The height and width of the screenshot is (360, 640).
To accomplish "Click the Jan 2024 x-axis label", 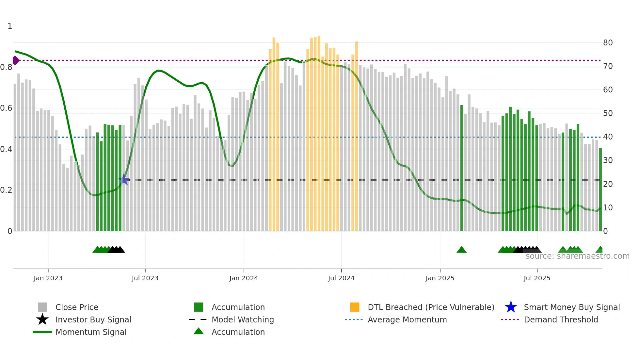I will [244, 278].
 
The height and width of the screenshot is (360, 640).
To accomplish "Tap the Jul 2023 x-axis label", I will [145, 278].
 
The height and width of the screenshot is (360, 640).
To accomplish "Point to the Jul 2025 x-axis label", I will [537, 278].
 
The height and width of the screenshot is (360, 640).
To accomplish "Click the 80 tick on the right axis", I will [608, 43].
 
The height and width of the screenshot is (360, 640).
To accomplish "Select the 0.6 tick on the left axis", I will [7, 108].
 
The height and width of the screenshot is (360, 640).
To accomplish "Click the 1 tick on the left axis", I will [10, 26].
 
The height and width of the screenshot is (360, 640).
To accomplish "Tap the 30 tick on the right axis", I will [608, 160].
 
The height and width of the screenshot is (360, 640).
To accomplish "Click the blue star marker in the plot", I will [124, 179].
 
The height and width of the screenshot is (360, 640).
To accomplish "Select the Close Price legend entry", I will [77, 307].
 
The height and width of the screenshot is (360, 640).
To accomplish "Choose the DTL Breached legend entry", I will [431, 307].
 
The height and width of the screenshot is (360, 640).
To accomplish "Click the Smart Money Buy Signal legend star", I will [511, 307].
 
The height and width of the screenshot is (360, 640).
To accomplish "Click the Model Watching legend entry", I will [243, 319].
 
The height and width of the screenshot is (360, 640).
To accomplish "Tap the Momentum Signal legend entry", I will [91, 332].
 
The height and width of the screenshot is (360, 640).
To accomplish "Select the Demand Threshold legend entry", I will [561, 319].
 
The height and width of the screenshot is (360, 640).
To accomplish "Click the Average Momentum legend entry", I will [407, 319].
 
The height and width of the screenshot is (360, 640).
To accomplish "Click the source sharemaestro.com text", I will [577, 256].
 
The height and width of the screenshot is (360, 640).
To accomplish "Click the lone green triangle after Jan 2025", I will [461, 250].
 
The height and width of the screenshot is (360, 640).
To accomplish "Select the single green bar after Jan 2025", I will [461, 168].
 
